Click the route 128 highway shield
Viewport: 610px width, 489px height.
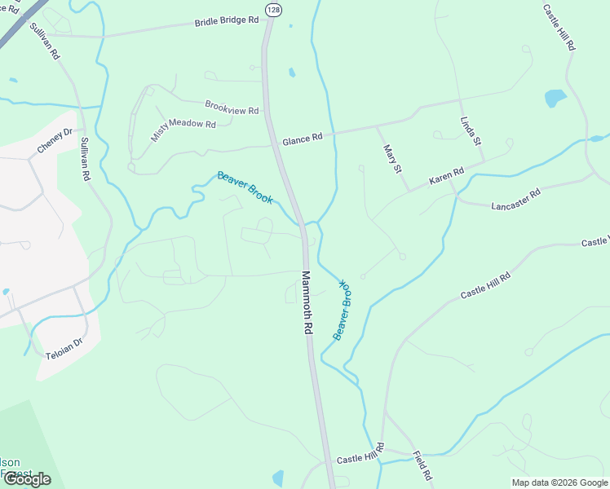click(272, 9)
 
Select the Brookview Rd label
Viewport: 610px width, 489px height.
click(232, 108)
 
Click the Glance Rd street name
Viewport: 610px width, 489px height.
click(303, 139)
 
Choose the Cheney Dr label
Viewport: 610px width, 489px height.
click(55, 142)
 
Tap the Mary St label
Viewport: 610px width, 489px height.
click(393, 159)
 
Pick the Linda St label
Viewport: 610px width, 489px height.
click(471, 130)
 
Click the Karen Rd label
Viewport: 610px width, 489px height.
click(446, 175)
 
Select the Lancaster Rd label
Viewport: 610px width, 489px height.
click(516, 200)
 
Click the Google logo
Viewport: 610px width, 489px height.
click(27, 479)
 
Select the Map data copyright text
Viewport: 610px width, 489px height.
click(559, 482)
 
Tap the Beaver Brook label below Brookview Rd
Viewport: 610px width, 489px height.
click(245, 187)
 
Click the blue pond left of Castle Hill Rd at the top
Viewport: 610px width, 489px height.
click(555, 99)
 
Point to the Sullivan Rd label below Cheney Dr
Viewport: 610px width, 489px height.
click(85, 158)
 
